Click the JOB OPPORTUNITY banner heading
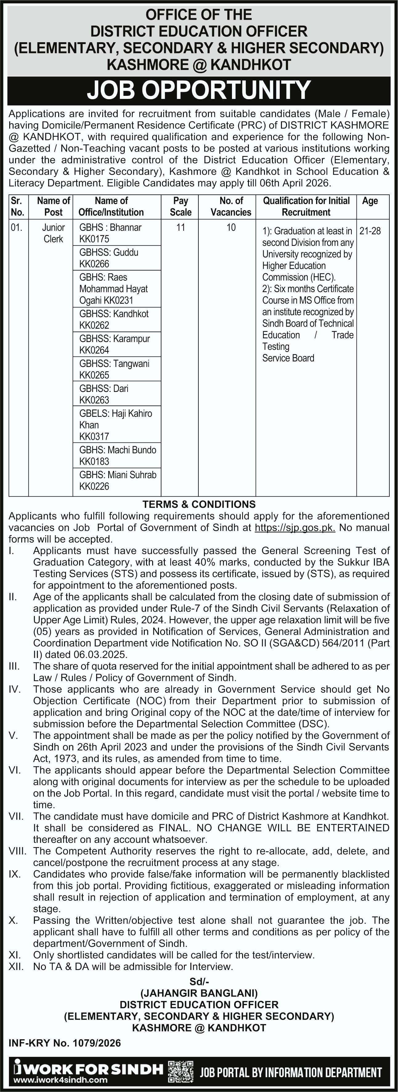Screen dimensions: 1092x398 pyautogui.click(x=199, y=90)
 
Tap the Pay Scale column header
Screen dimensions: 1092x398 pyautogui.click(x=181, y=206)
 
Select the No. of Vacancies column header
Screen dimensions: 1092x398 pyautogui.click(x=231, y=206)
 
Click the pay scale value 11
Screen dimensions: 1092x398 pyautogui.click(x=181, y=228)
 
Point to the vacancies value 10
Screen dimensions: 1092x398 pyautogui.click(x=231, y=228)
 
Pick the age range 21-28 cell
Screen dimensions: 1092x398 pyautogui.click(x=370, y=231)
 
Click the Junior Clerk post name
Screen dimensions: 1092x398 pyautogui.click(x=53, y=233)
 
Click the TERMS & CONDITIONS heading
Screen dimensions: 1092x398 pyautogui.click(x=199, y=504)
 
